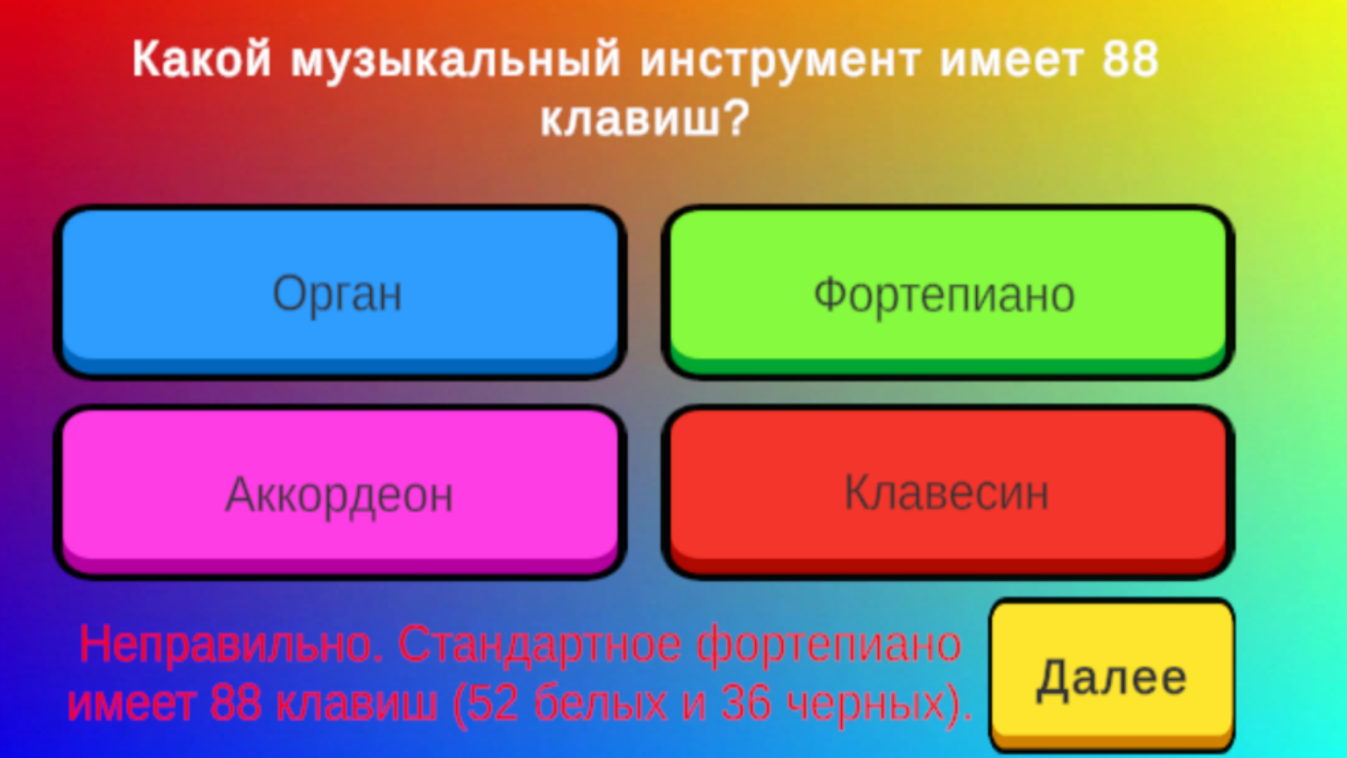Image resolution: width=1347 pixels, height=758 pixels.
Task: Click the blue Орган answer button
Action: [339, 291]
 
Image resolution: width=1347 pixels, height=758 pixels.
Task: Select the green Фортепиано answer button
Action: [945, 293]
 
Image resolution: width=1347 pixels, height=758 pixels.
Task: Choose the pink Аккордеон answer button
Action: [339, 493]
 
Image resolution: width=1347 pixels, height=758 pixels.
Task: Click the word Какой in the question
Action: [202, 60]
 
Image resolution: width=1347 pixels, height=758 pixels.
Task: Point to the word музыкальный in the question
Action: [456, 60]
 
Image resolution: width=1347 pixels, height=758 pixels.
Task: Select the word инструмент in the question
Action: [780, 60]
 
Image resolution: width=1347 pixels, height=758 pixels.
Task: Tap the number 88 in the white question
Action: [1130, 60]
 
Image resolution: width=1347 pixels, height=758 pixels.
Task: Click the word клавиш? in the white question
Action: [645, 118]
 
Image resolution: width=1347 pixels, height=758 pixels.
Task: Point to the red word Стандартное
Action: [539, 645]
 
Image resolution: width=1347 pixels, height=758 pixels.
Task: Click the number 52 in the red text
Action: [493, 703]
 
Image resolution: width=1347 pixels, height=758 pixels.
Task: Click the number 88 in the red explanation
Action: [236, 703]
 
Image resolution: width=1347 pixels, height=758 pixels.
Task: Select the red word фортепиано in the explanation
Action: [829, 645]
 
